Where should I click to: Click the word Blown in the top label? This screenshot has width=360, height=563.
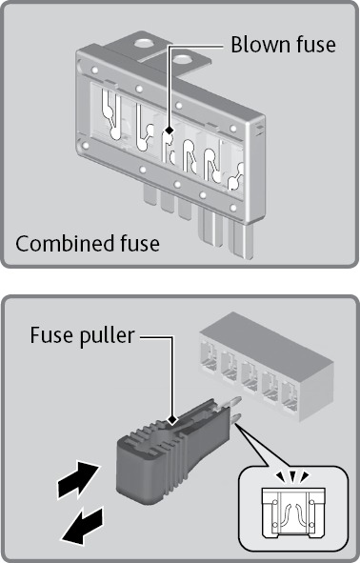[256, 45]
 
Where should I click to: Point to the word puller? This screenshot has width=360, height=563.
[104, 336]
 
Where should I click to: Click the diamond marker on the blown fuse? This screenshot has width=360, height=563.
[170, 130]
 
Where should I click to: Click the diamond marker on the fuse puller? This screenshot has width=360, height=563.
[173, 419]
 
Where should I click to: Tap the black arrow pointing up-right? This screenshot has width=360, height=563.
[78, 480]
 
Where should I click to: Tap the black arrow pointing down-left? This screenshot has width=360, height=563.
[82, 525]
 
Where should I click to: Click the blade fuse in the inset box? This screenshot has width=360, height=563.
[293, 513]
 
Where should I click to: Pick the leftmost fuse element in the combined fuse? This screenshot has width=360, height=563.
[110, 113]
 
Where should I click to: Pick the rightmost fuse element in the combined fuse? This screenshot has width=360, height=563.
[236, 177]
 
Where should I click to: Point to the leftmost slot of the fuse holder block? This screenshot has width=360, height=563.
[209, 356]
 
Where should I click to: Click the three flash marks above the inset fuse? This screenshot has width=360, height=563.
[294, 476]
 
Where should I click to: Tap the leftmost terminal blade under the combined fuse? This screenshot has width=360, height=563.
[150, 194]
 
